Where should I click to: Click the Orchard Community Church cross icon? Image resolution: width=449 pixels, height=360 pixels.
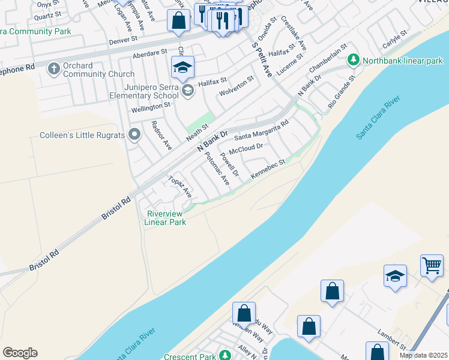[x=53, y=68]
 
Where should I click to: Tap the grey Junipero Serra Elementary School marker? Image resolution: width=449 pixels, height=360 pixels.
[x=187, y=90]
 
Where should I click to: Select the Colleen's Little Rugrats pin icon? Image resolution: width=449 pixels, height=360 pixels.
[x=134, y=135]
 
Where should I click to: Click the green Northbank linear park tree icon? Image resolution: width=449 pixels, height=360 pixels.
[x=354, y=60]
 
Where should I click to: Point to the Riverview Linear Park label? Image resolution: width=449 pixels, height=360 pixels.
[x=165, y=217]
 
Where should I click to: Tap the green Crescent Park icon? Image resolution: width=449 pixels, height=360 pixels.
[x=224, y=356]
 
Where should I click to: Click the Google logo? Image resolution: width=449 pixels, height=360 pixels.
[x=20, y=353]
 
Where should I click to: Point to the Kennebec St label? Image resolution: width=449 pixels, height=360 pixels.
[x=267, y=167]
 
